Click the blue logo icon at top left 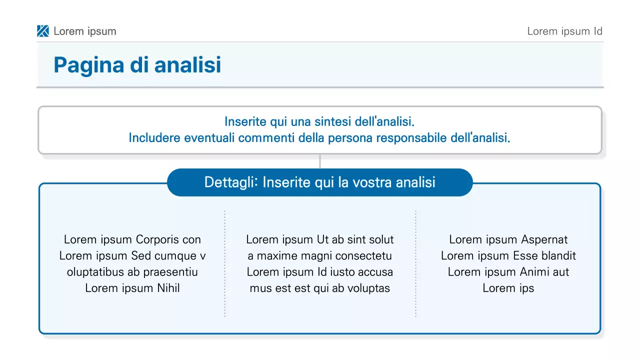pos(43,31)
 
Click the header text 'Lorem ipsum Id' pos(564,31)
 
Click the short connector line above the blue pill pos(319,161)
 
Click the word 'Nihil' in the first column pos(168,288)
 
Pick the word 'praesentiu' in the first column pos(170,272)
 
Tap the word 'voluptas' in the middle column pos(367,288)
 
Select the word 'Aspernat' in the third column pos(544,239)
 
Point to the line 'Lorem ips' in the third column pos(508,288)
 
